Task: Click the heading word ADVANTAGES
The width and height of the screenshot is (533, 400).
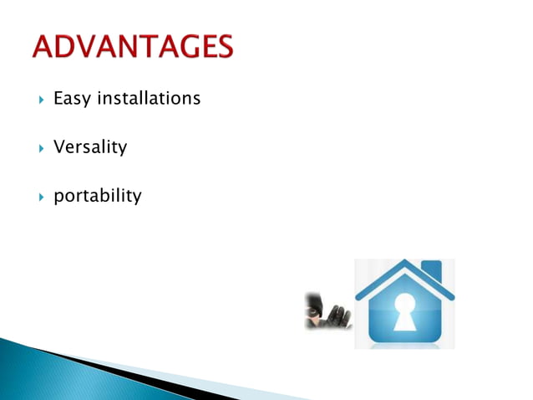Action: pyautogui.click(x=133, y=46)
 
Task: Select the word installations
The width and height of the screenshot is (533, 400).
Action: pyautogui.click(x=149, y=98)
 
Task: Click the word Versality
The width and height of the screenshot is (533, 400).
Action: pyautogui.click(x=90, y=147)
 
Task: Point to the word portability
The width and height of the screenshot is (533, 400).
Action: pyautogui.click(x=98, y=197)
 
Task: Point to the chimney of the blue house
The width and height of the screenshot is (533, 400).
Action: pyautogui.click(x=431, y=269)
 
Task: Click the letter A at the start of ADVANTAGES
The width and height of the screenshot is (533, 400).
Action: pyautogui.click(x=43, y=46)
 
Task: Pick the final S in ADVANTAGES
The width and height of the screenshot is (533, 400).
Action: pyautogui.click(x=223, y=46)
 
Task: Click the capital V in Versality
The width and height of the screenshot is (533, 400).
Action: pyautogui.click(x=59, y=147)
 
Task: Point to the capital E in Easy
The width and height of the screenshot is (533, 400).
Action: pyautogui.click(x=58, y=99)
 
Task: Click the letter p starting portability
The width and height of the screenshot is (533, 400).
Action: pyautogui.click(x=58, y=198)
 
